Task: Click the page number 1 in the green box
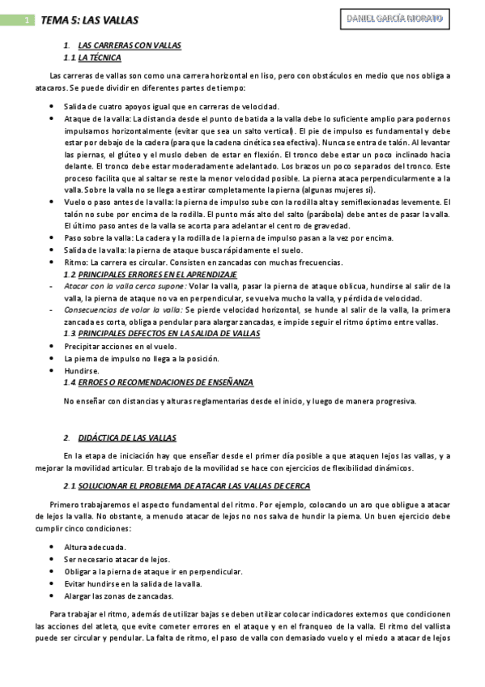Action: click(x=28, y=19)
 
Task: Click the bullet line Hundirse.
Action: click(x=80, y=369)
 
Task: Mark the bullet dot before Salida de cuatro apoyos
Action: click(x=52, y=106)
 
